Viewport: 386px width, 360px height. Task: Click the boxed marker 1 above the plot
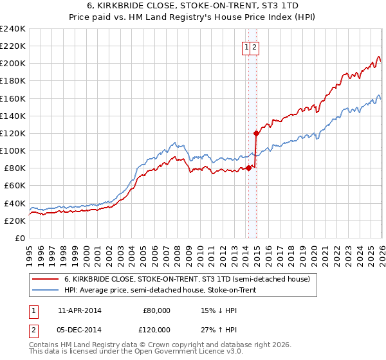tap(246, 47)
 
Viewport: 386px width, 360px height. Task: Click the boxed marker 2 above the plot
tap(254, 47)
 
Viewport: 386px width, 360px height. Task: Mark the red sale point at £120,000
tap(256, 134)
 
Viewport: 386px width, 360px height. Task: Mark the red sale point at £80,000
tap(249, 168)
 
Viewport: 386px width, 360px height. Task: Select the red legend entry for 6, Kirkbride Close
tap(187, 279)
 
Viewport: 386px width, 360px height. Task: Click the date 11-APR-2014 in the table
tap(79, 310)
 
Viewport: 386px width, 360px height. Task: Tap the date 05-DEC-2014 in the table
tap(79, 329)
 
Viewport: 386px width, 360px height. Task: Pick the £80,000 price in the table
tap(156, 310)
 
